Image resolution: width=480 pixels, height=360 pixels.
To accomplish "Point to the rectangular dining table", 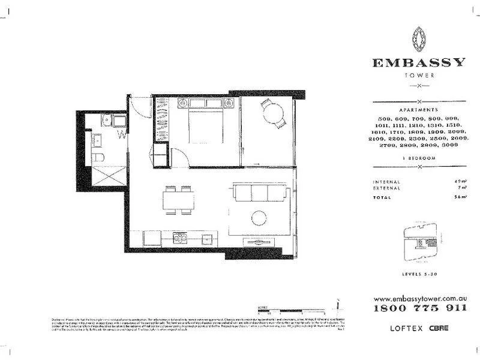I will point(178,200).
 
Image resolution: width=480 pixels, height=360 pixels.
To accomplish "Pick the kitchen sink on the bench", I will point(208,238).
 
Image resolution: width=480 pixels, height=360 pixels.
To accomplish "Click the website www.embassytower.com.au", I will point(419,298).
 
